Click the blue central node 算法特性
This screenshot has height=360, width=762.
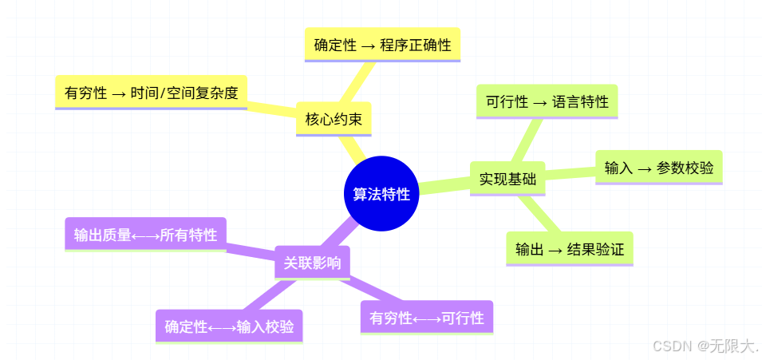[381, 194]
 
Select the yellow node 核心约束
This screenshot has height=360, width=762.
[334, 120]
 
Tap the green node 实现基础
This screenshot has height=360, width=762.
[507, 179]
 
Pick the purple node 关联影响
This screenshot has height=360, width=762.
[312, 263]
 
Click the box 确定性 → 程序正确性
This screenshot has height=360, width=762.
[382, 45]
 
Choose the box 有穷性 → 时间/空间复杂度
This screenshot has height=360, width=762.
[151, 93]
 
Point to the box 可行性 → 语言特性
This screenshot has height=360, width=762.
[547, 101]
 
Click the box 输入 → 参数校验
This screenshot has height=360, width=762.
[658, 168]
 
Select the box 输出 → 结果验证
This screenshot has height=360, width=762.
[569, 249]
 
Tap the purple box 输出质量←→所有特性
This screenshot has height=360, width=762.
[145, 235]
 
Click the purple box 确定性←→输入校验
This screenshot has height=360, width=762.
[229, 326]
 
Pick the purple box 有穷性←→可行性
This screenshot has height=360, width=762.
[426, 318]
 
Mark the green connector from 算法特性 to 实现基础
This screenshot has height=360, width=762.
[445, 186]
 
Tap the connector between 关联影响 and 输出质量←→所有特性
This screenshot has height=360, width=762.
[251, 248]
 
